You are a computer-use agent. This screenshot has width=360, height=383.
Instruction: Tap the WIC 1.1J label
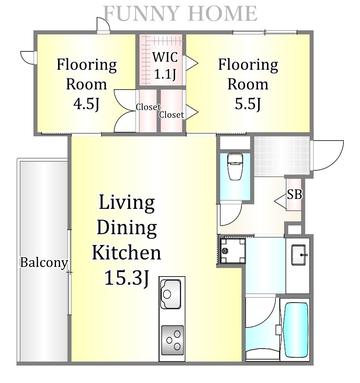[165, 65]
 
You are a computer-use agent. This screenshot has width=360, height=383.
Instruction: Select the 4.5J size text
[87, 104]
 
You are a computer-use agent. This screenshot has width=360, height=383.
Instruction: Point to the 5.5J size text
[248, 104]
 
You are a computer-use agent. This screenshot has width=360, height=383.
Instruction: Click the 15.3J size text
[126, 278]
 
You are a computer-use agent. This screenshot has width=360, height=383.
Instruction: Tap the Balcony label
[44, 263]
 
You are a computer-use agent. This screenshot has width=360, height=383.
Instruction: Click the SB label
[294, 194]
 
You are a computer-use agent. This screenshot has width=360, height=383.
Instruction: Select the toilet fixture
[235, 166]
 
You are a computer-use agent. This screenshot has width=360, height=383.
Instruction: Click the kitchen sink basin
[171, 294]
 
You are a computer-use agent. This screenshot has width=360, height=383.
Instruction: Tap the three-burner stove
[172, 340]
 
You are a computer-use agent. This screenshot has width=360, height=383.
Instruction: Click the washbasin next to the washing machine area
[299, 255]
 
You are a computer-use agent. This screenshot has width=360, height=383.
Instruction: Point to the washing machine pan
[233, 251]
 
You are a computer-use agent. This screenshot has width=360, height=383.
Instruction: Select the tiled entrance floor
[282, 156]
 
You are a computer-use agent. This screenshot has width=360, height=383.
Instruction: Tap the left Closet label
[148, 107]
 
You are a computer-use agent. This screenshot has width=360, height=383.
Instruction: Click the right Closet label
[171, 114]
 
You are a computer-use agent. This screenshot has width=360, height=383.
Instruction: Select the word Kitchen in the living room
[126, 252]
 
